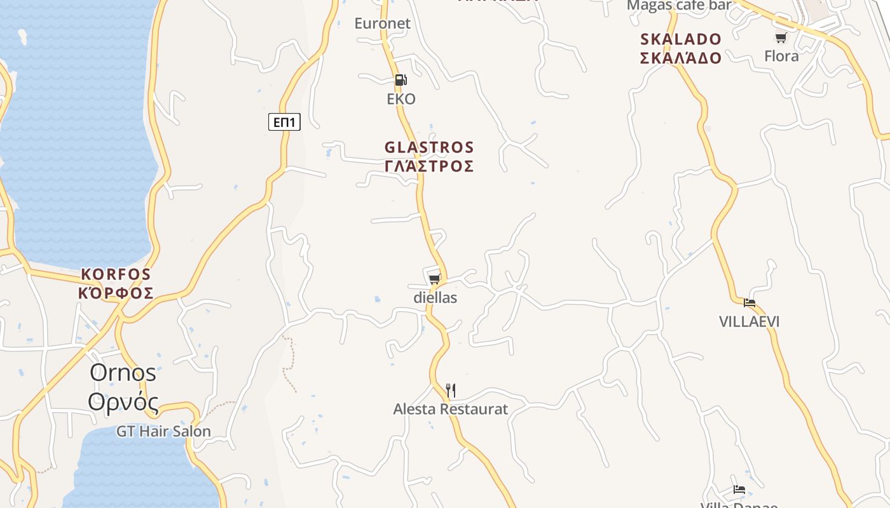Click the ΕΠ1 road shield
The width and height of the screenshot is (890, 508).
[284, 122]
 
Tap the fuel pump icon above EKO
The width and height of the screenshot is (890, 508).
[400, 80]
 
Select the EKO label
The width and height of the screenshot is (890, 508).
[401, 99]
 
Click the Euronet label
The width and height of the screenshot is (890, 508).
[383, 23]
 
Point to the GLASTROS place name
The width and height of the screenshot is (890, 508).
[429, 147]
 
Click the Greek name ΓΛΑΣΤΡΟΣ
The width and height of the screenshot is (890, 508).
[429, 166]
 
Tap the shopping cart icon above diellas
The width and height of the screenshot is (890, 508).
[435, 279]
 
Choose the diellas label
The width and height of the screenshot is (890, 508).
[435, 297]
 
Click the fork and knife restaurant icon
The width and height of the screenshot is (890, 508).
[451, 390]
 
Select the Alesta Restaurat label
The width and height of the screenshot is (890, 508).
[451, 409]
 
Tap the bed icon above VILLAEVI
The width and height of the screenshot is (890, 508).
[750, 303]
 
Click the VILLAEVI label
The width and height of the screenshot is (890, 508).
[749, 322]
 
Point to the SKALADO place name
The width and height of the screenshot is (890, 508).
[681, 39]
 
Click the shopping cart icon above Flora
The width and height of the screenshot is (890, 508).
[781, 38]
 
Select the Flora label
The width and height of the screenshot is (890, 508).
[781, 56]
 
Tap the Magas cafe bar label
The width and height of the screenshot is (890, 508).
[679, 5]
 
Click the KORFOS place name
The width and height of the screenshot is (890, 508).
[116, 274]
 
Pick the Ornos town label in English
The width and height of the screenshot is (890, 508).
[123, 373]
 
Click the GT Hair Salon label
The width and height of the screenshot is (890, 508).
[163, 432]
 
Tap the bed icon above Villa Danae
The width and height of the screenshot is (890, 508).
[739, 490]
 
